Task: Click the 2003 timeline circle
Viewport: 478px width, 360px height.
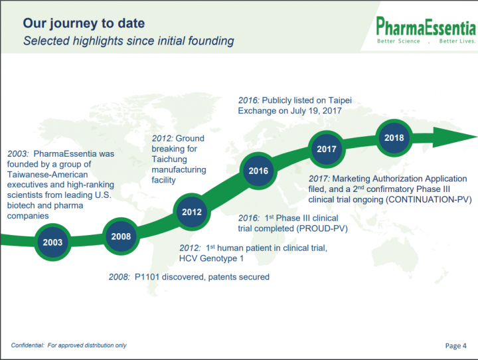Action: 52,242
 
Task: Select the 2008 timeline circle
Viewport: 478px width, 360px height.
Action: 121,236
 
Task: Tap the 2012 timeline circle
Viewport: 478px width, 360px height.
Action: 192,212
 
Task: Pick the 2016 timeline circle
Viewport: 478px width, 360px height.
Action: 258,171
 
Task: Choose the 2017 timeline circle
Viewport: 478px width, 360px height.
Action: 327,149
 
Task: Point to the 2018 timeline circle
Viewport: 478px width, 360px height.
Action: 394,138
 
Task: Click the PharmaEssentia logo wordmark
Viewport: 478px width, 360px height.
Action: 426,27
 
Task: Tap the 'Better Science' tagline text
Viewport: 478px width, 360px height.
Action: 398,41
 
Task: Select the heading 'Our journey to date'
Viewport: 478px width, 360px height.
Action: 84,23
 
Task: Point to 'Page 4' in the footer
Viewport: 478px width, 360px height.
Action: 455,345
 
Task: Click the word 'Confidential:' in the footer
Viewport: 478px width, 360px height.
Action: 28,345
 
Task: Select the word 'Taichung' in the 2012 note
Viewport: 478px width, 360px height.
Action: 169,159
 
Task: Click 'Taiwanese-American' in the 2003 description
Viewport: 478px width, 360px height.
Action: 48,175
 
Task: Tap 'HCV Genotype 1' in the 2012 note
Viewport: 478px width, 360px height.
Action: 211,258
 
